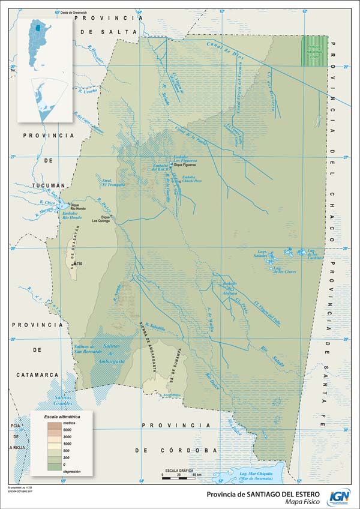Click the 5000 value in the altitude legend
(x=67, y=430)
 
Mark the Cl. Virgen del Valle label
(x=267, y=311)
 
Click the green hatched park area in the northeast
(x=314, y=50)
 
